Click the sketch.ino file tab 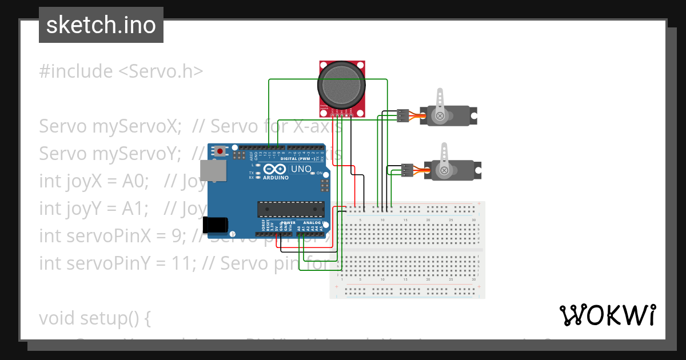[101, 25]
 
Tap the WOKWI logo [607, 315]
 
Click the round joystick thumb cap [341, 86]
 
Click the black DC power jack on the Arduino [217, 225]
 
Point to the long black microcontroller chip [291, 210]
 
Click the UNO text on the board [301, 169]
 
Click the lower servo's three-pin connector [407, 170]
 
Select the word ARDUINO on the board [276, 178]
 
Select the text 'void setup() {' [94, 318]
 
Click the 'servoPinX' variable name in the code [122, 236]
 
